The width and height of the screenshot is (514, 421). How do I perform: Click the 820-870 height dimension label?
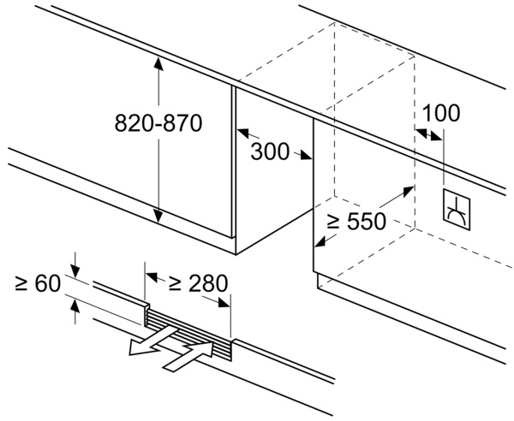(158, 123)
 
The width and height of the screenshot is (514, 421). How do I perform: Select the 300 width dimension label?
(270, 151)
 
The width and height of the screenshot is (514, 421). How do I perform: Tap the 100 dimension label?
(441, 113)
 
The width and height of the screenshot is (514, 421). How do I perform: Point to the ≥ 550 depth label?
(356, 222)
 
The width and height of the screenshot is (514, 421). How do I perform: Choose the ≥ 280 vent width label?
(198, 283)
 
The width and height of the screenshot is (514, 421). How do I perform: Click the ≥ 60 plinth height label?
(38, 283)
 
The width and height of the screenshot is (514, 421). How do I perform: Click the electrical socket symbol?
(457, 210)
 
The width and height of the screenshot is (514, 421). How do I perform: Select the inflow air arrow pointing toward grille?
(189, 356)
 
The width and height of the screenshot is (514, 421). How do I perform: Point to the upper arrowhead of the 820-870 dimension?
(158, 64)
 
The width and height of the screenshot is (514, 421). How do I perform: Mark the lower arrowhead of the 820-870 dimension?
(158, 216)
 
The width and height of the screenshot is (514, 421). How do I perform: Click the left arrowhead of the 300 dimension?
(243, 133)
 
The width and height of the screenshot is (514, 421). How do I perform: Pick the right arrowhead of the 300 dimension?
(306, 156)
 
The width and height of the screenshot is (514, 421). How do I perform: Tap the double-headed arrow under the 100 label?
(429, 134)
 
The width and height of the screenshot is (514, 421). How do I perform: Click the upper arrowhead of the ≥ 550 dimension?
(408, 191)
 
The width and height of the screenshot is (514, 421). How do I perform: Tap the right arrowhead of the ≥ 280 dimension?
(224, 303)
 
